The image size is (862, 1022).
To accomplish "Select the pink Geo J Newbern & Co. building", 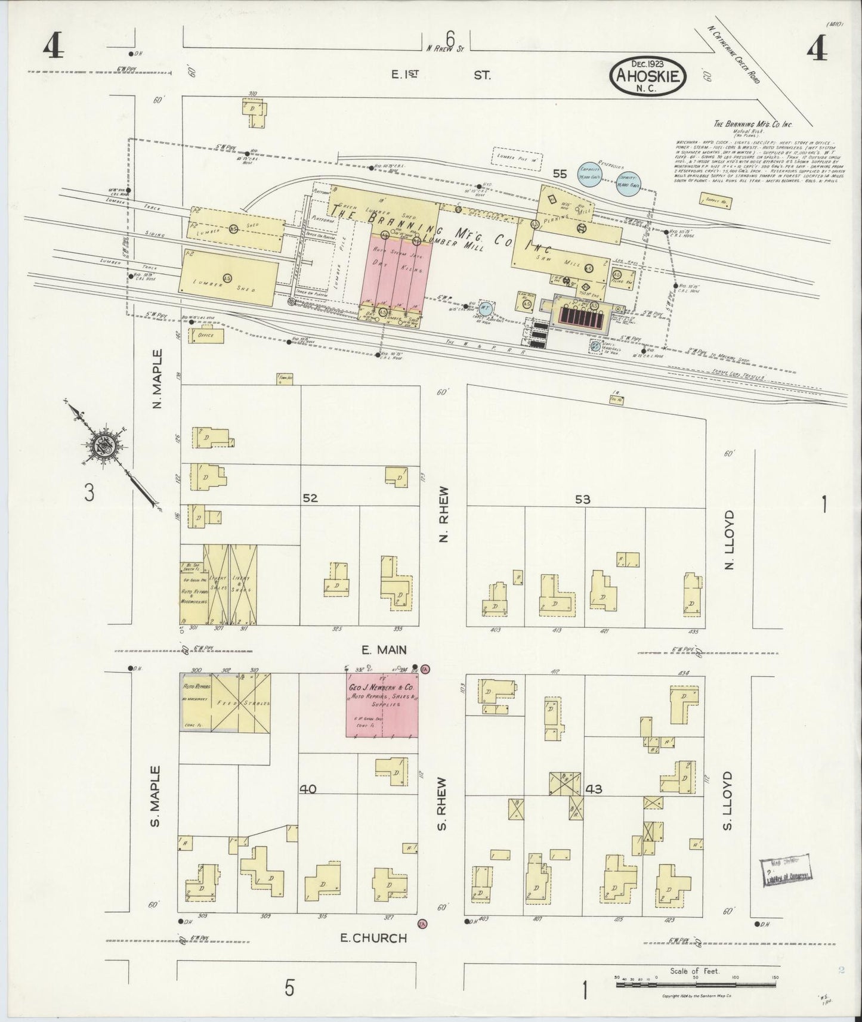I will click(x=382, y=705).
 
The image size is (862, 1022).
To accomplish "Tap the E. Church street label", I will click(x=373, y=938).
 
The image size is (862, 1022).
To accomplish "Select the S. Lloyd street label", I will click(x=727, y=800).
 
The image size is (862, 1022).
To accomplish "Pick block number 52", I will click(x=310, y=498).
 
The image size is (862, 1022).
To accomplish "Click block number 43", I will click(x=594, y=789).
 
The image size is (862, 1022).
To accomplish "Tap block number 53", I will click(x=582, y=499).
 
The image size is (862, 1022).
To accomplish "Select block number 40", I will click(x=308, y=789).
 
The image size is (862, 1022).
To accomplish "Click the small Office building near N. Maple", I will click(x=206, y=336).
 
